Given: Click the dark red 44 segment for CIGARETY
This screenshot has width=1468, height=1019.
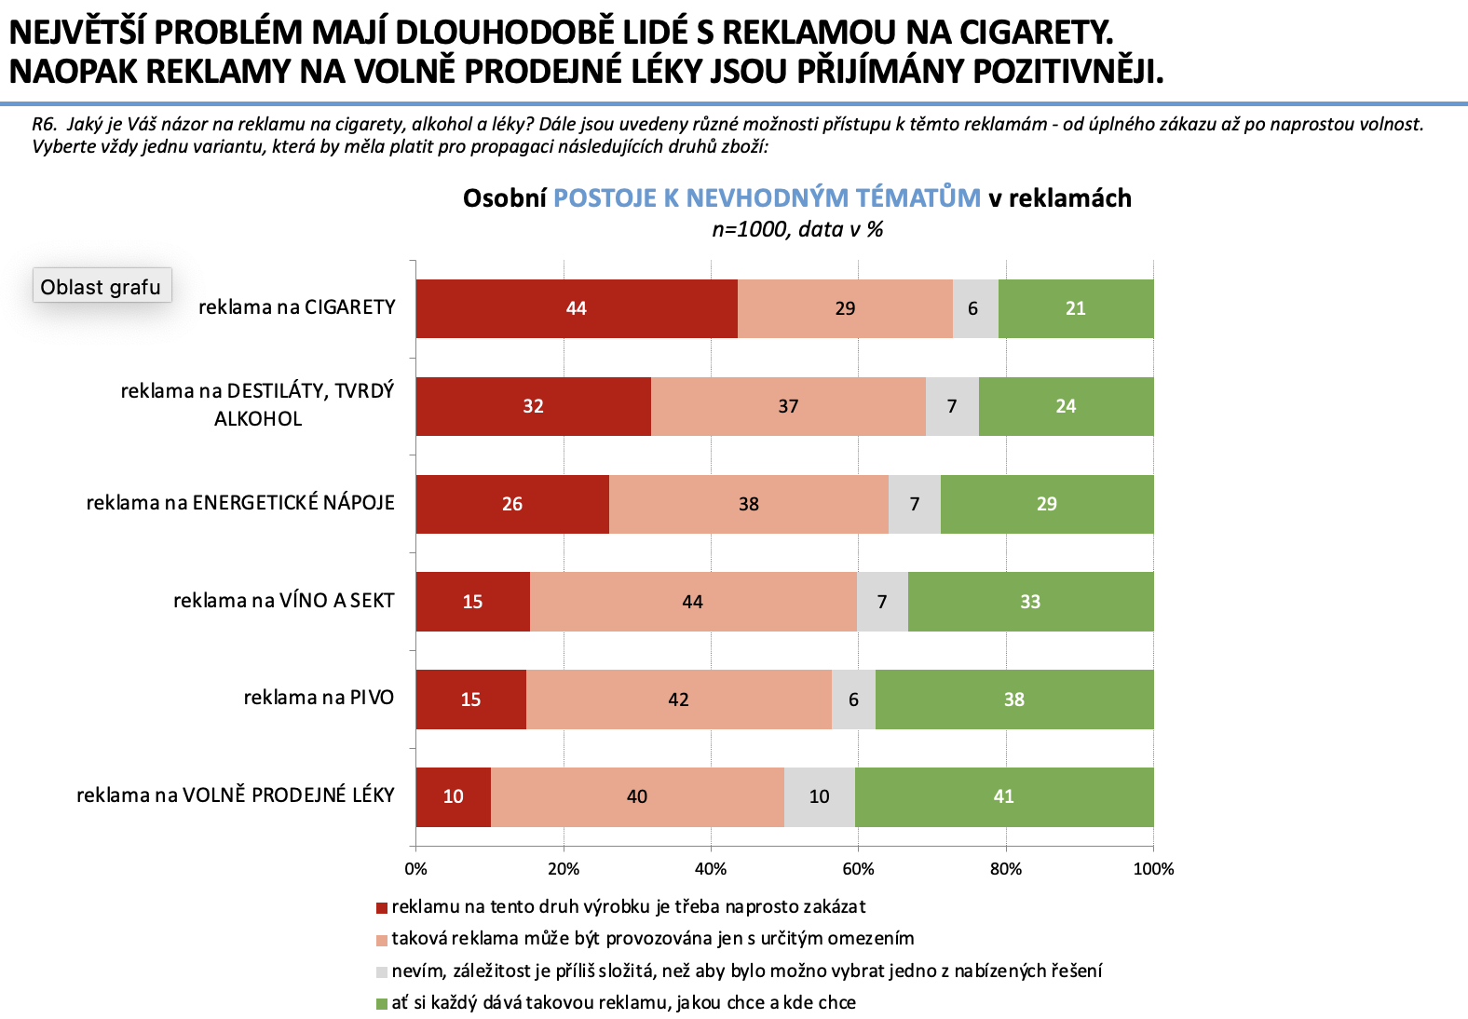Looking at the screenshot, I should coord(576,308).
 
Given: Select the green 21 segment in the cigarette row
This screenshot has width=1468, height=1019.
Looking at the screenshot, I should coord(1076,308).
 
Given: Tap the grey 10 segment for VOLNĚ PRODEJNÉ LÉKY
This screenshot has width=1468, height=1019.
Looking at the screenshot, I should coord(819,796).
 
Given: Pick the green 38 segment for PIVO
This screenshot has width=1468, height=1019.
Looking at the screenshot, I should coord(1014,699).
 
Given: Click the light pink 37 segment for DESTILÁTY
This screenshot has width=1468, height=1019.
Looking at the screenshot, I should coord(788,406).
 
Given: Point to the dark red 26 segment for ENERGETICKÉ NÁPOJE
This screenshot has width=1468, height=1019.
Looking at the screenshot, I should coord(512,504).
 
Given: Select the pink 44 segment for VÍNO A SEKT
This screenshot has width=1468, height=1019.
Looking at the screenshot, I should coord(692,602).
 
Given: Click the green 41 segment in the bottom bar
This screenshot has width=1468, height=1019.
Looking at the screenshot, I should coord(1003,796).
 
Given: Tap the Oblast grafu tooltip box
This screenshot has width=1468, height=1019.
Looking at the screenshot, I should coord(102,286).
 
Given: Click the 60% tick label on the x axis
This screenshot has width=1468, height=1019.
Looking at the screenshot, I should coord(858,869).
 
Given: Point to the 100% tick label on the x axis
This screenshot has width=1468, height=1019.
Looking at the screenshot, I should coord(1153,869).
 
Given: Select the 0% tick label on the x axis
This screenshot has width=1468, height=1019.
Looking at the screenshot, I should coord(415,869).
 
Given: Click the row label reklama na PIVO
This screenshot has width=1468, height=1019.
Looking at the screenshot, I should coord(319,698).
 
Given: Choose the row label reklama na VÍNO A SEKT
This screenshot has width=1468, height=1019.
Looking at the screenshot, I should coord(284,601).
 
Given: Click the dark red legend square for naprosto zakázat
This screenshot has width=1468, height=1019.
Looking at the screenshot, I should coord(381,908).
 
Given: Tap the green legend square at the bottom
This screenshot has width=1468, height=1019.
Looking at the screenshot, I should coord(381,1004).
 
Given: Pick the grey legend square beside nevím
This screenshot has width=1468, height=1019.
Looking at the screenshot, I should coord(381,972).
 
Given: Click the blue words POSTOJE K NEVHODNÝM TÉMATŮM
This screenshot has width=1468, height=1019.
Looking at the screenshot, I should coord(767,197).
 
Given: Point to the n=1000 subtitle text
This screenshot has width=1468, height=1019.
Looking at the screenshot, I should coord(797,229).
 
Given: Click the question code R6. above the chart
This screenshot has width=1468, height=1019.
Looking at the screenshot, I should coord(45,124).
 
